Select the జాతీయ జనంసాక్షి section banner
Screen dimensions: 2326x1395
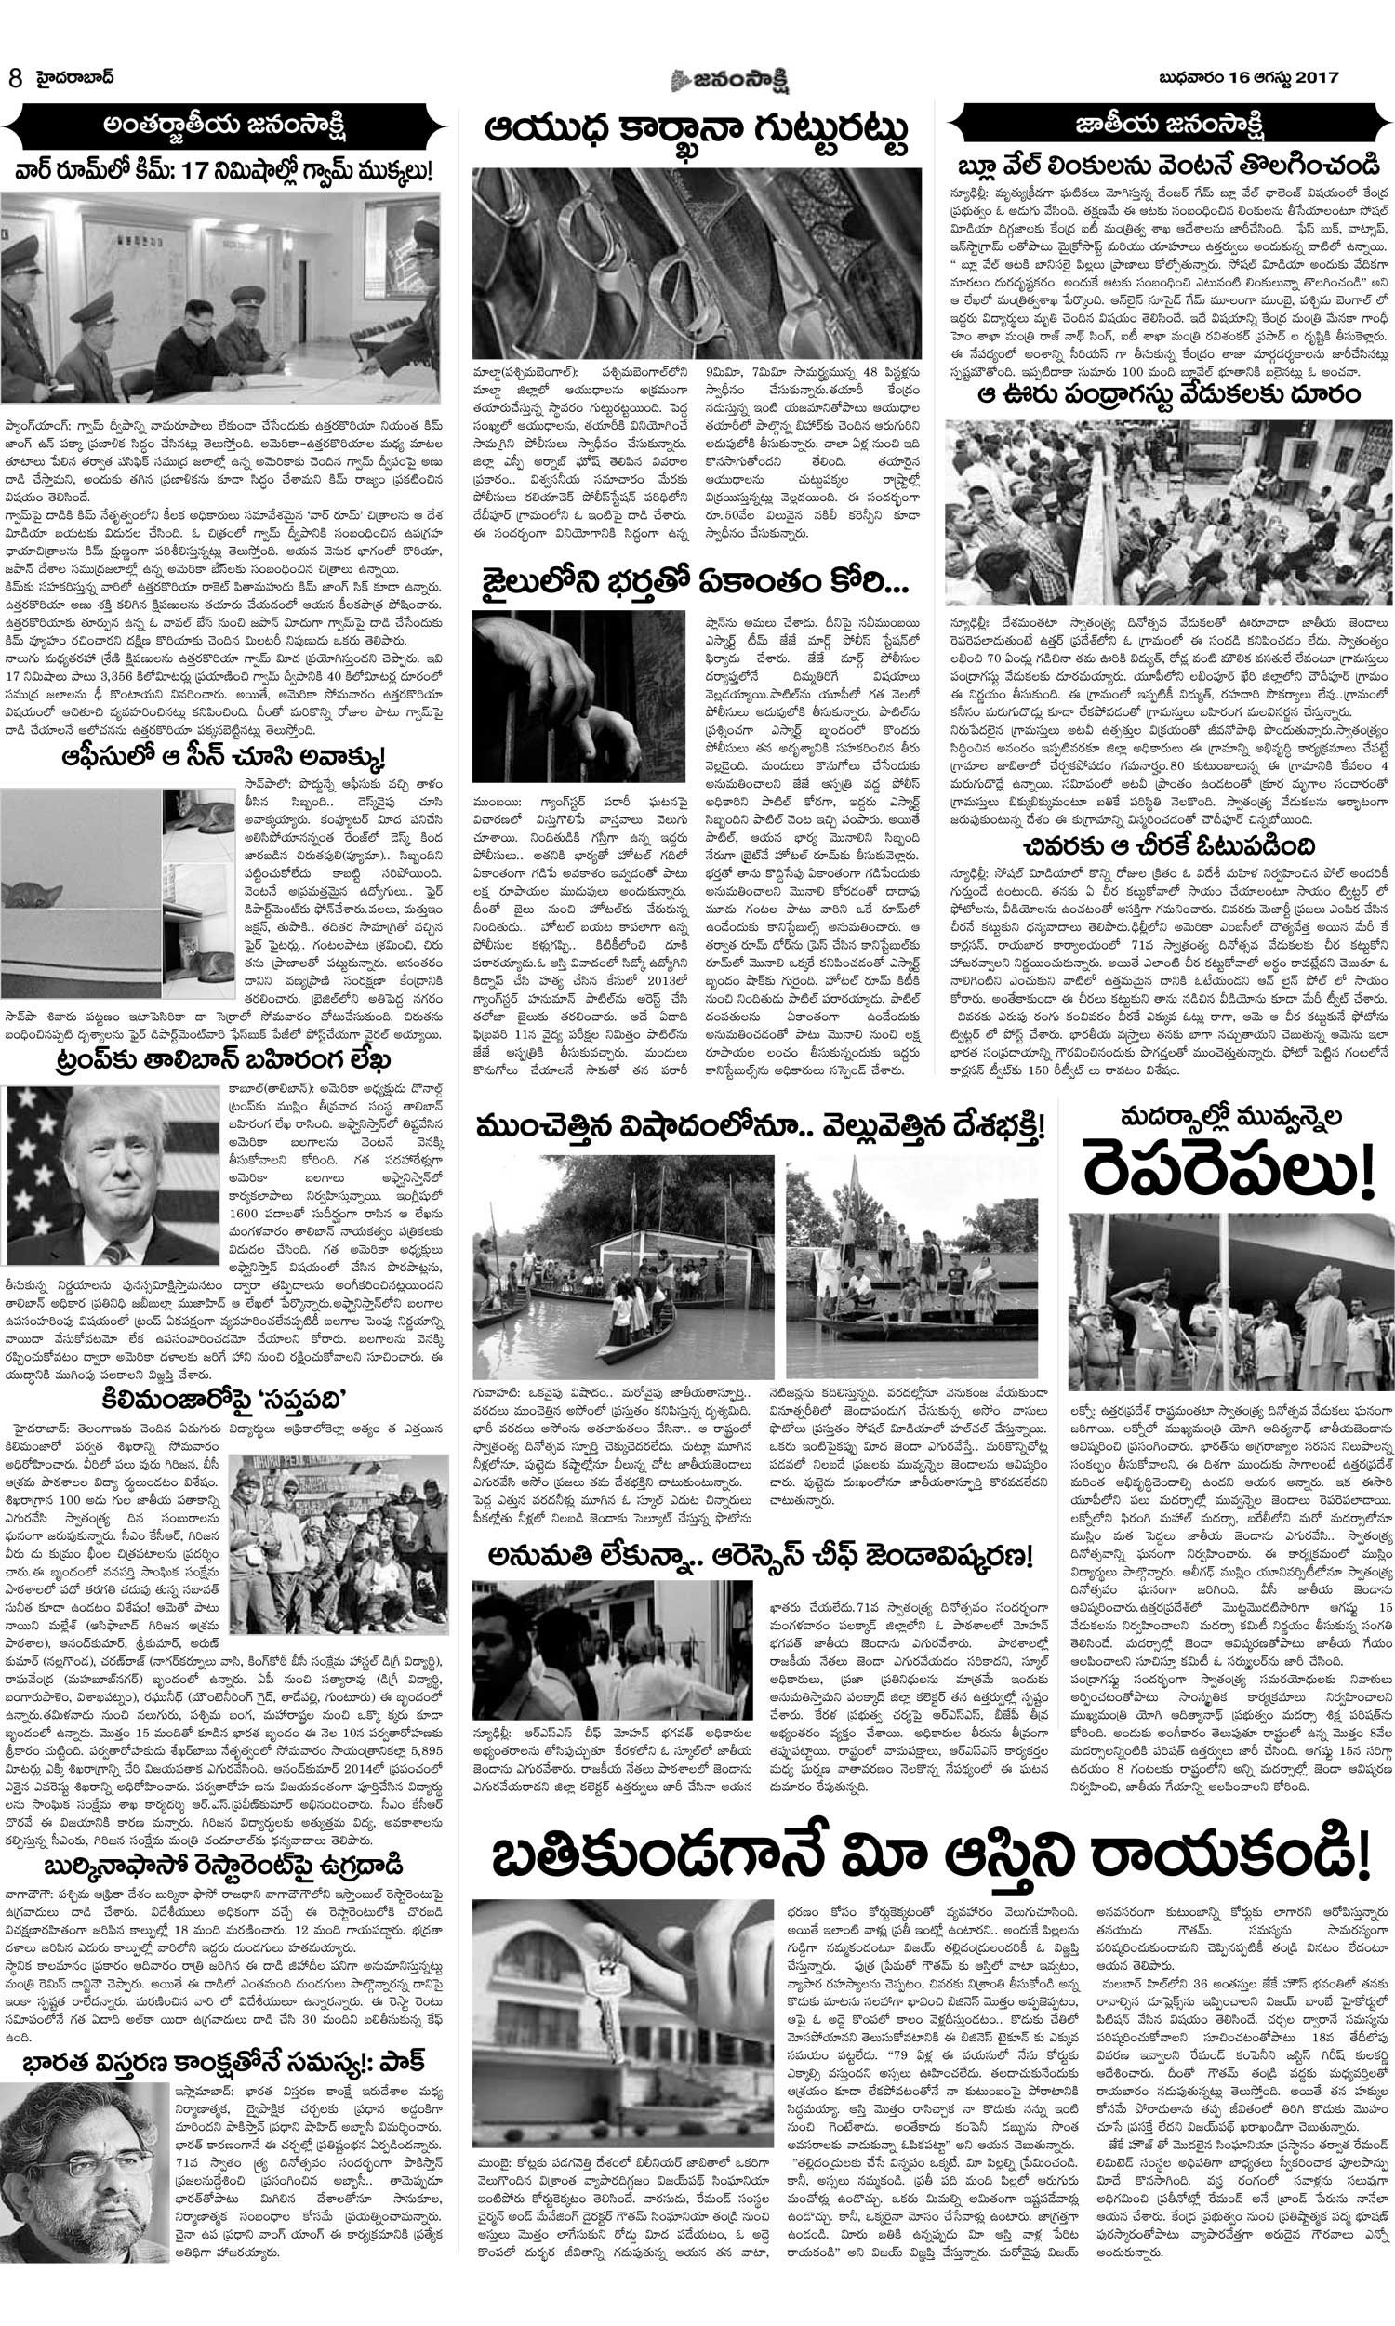[x=1169, y=124]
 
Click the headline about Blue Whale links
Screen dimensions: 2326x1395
[x=1169, y=167]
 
